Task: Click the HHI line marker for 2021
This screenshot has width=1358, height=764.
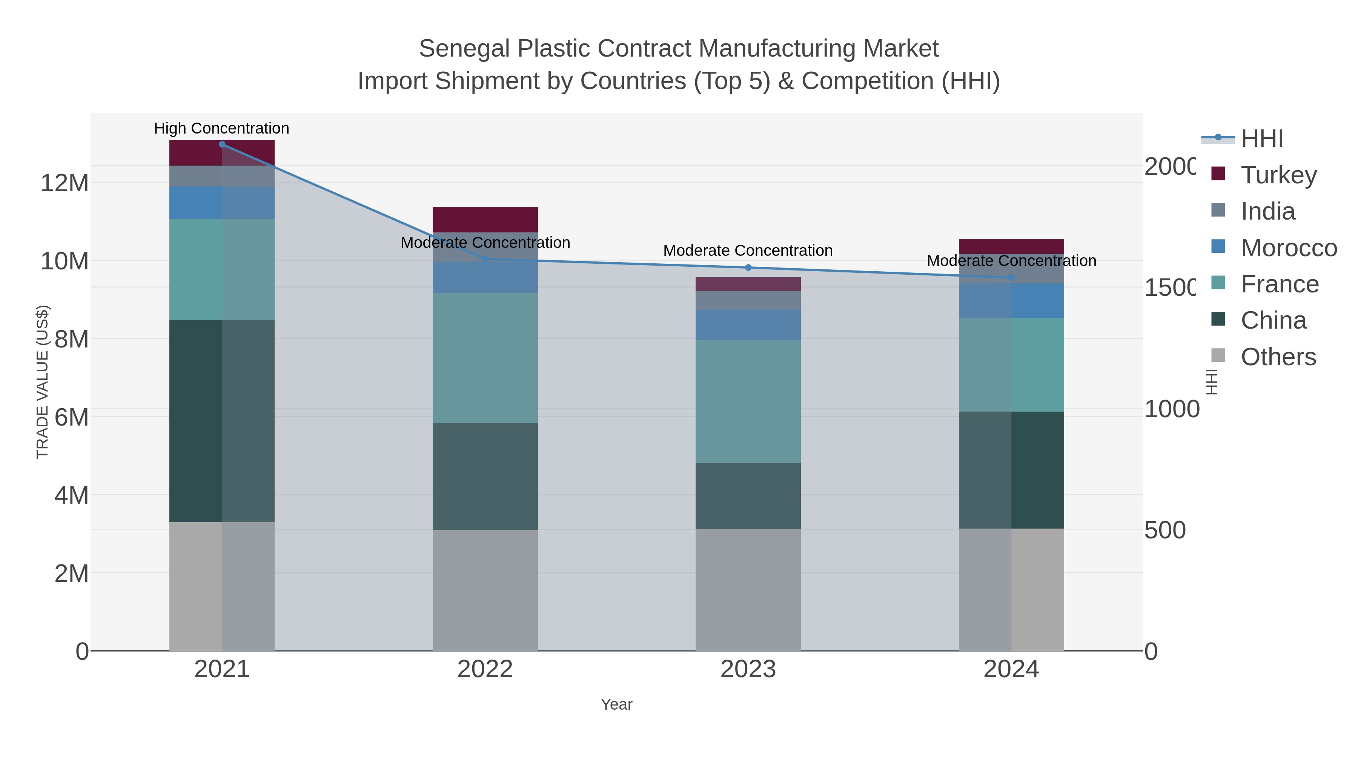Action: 222,144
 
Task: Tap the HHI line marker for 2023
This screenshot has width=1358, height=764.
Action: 748,268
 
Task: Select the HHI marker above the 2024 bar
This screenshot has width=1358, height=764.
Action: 1011,277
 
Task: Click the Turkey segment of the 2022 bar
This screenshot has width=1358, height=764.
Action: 485,219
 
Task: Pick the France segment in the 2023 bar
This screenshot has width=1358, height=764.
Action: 748,401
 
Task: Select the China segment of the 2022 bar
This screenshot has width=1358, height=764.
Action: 485,476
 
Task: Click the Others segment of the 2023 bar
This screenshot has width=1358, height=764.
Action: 748,589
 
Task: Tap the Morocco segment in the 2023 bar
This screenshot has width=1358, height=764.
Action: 748,325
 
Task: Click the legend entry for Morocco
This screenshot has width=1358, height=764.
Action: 1289,248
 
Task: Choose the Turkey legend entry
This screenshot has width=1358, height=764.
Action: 1278,175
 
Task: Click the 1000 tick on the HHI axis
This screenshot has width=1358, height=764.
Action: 1171,409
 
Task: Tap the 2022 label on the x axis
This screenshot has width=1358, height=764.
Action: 485,670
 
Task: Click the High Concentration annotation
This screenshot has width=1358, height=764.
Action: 221,128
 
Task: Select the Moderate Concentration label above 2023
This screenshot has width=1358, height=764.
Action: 748,251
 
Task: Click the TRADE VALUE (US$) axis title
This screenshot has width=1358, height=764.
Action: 42,382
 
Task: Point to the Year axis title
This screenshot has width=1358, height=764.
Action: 616,704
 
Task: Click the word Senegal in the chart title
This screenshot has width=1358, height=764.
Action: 464,49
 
